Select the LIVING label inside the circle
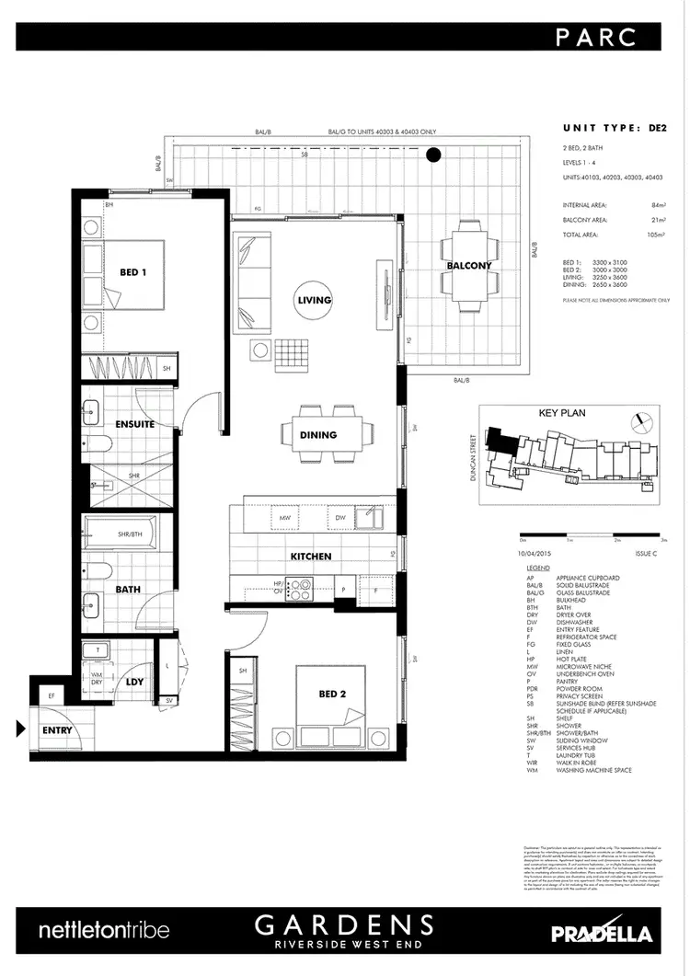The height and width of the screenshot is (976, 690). coord(314,300)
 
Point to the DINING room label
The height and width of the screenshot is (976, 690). coord(317,435)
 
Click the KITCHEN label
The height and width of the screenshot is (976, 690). coord(311,557)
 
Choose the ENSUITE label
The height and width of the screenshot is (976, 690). coord(134,424)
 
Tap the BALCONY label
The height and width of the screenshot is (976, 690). coord(469,266)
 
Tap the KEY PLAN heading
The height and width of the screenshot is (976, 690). coord(562,414)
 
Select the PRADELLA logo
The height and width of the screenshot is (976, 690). coord(602,932)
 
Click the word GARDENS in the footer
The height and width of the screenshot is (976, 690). coord(345,924)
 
